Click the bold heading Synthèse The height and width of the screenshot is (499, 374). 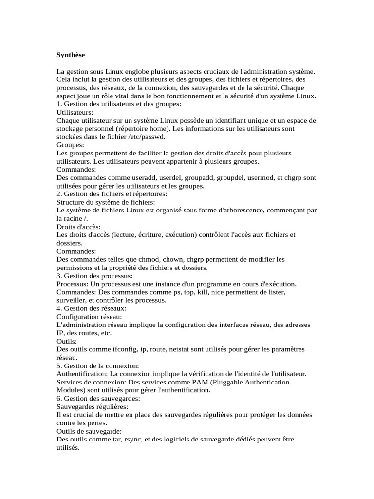71,55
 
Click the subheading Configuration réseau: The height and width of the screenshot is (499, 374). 88,317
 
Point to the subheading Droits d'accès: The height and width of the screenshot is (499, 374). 79,227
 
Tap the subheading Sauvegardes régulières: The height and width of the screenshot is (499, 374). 93,406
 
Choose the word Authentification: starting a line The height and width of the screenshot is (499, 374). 82,374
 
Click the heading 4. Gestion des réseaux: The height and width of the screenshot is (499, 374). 92,308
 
